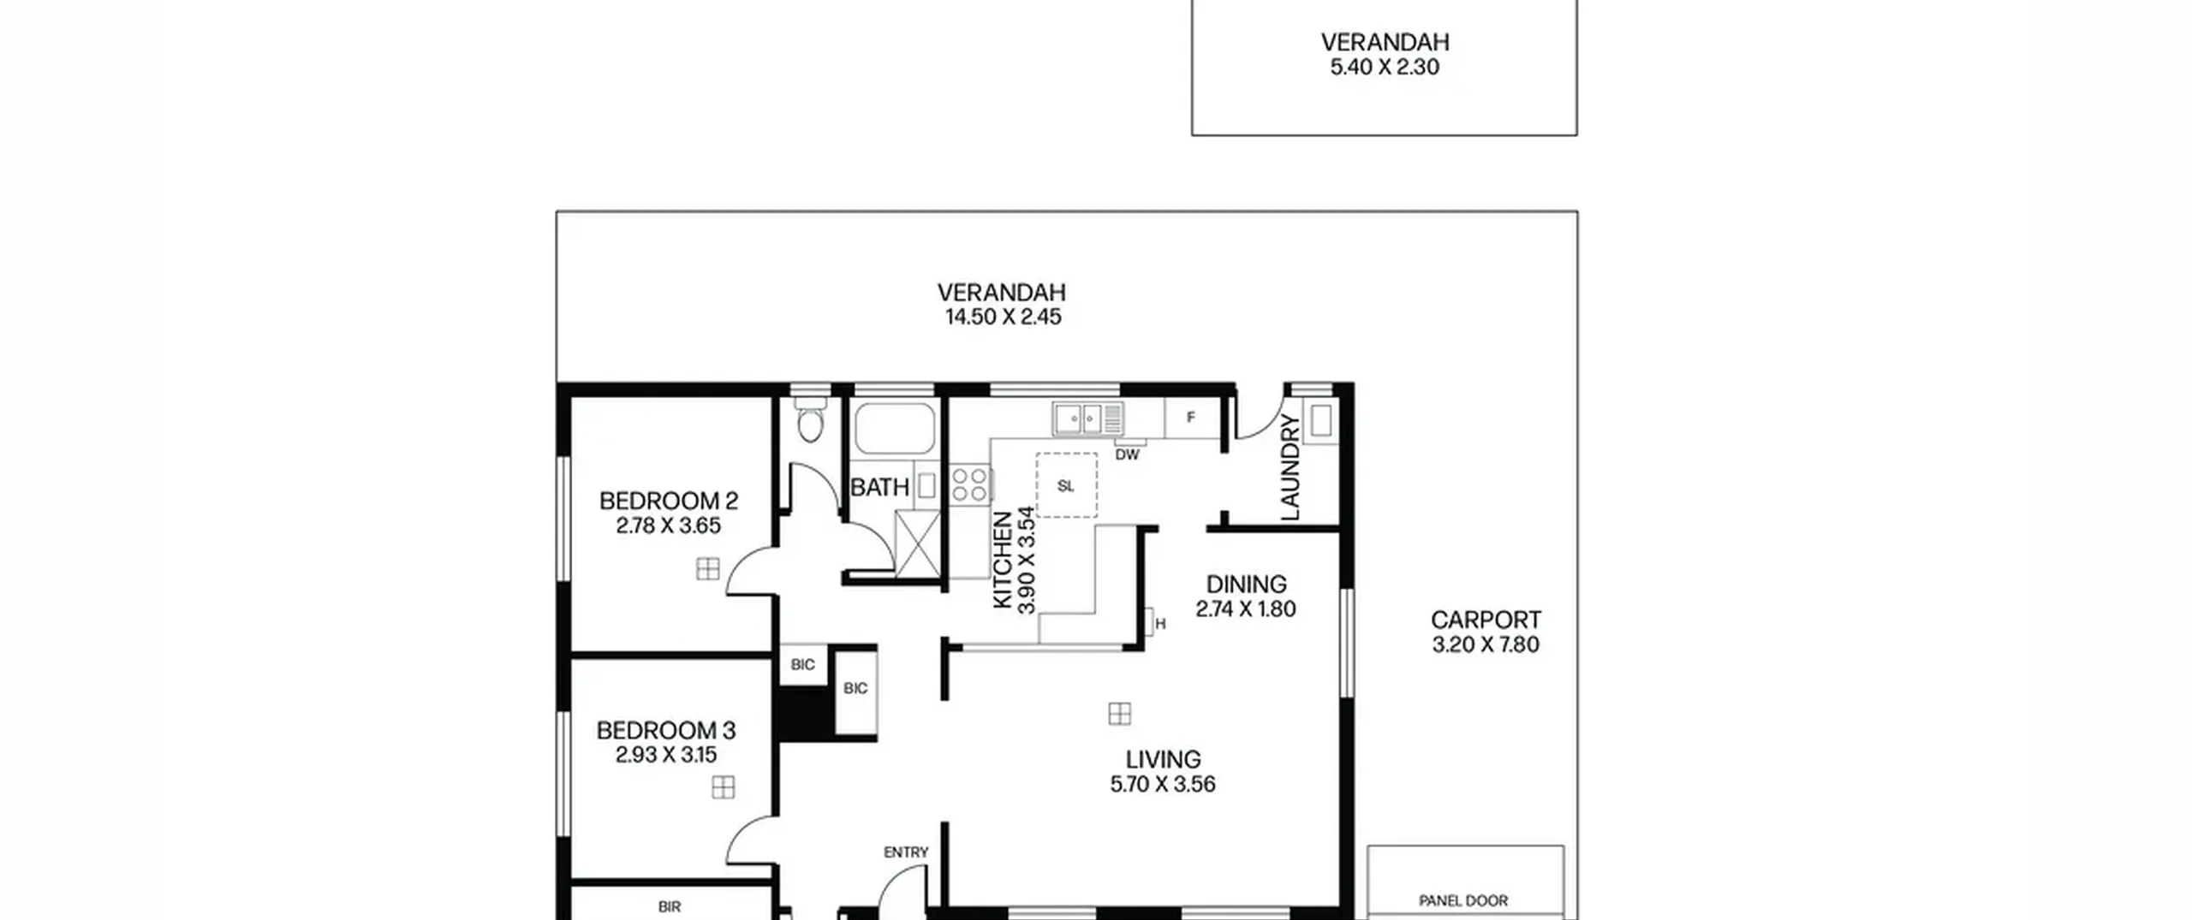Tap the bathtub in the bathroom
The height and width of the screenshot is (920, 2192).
coord(895,429)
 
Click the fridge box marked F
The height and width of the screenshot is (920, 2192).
coord(1191,418)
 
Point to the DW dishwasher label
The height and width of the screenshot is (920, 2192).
coord(1127,455)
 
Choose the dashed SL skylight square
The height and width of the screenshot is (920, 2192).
coord(1066,485)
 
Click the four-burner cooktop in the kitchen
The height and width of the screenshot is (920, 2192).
coord(970,484)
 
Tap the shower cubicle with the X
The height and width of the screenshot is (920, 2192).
coord(917,543)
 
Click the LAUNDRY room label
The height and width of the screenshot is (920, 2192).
coord(1290,467)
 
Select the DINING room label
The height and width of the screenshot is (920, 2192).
coord(1246,585)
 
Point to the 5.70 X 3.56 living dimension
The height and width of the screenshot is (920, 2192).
coord(1163,784)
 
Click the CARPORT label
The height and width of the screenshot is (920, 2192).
coord(1486,620)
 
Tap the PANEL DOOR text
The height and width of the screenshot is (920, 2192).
coord(1463,900)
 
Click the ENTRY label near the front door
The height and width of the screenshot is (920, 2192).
coord(906,852)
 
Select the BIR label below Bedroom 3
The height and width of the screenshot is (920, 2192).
coord(670,906)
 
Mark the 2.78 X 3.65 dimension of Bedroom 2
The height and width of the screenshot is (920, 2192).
coord(668,525)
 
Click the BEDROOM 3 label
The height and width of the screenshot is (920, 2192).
coord(666,730)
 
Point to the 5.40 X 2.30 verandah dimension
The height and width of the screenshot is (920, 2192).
coord(1385,67)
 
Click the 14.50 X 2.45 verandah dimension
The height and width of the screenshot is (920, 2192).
coord(1003,317)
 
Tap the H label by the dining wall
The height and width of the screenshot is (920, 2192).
coord(1160,624)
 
